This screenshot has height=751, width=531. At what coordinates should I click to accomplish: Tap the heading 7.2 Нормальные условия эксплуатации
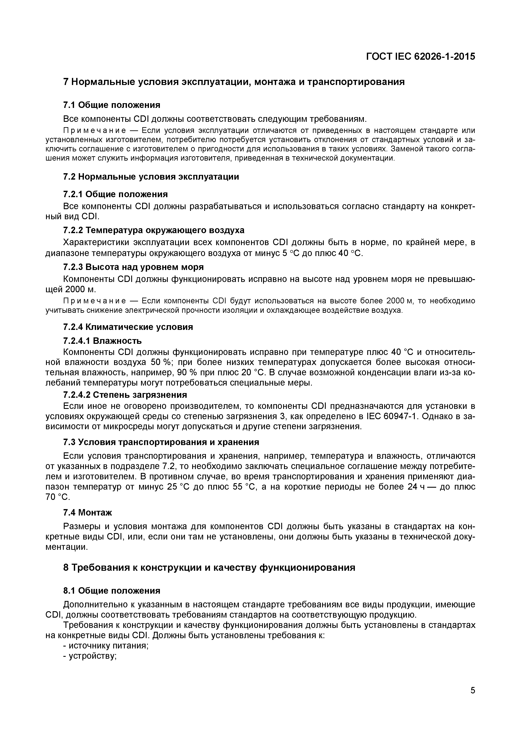(151, 177)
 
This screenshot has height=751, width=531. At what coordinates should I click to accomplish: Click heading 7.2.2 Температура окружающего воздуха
(153, 230)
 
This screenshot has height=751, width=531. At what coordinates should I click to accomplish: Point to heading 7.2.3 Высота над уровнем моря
(133, 267)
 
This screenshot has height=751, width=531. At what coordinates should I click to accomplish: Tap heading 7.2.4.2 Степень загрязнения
(125, 395)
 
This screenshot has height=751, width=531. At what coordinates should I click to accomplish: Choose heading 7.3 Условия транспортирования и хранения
(161, 442)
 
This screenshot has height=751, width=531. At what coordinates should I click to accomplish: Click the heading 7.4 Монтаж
(87, 513)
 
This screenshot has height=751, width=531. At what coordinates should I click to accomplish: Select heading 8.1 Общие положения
(112, 591)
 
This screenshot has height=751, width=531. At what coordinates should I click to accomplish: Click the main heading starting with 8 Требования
(209, 568)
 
